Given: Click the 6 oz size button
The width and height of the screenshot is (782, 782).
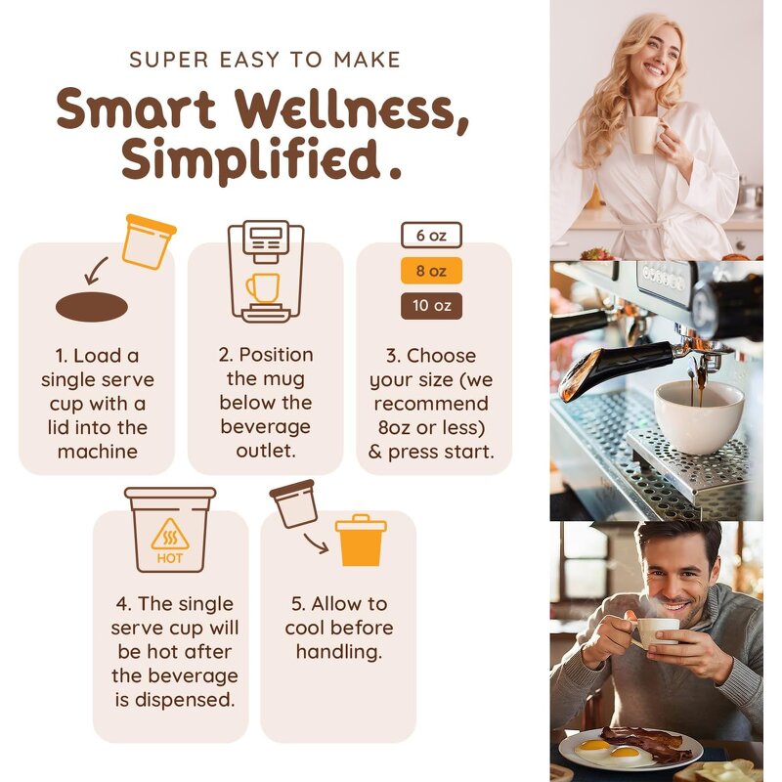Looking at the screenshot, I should (x=431, y=236).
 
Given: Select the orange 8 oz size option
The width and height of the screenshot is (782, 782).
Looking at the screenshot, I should (x=431, y=271).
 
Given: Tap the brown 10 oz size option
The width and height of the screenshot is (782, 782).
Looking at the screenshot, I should (x=431, y=306).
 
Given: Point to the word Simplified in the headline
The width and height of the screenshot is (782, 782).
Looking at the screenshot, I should (x=250, y=159).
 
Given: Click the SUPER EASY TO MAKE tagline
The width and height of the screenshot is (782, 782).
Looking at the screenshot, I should (x=265, y=61).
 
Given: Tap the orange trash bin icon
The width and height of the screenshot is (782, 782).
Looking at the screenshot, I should (x=361, y=541).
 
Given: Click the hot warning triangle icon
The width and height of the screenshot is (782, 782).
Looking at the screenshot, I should (x=170, y=535).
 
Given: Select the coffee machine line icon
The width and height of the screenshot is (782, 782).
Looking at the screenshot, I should (x=265, y=272).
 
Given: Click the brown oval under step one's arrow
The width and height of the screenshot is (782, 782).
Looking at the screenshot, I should (x=92, y=307).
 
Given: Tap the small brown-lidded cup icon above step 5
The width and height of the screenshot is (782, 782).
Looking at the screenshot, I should (x=293, y=503).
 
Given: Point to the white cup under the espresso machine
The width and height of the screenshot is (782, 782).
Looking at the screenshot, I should (x=698, y=414).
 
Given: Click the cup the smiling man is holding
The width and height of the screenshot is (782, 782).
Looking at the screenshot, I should (x=657, y=631).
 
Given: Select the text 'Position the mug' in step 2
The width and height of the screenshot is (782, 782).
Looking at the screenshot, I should (x=265, y=367).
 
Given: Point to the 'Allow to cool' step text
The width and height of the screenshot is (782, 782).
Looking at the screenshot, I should (x=337, y=615).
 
